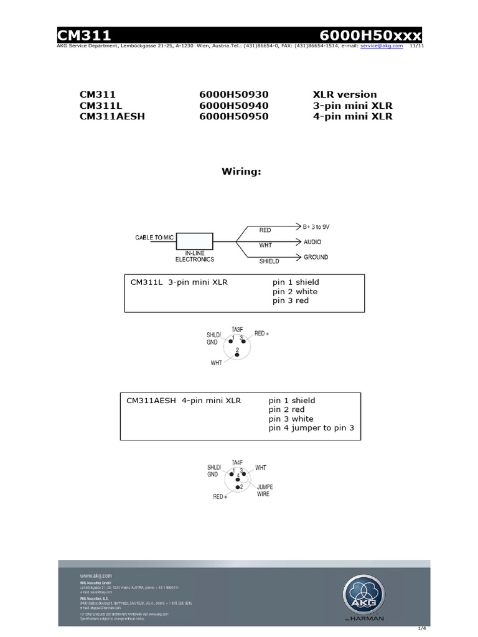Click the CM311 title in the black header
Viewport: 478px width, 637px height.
tap(84, 36)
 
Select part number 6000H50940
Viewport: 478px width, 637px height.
tap(233, 106)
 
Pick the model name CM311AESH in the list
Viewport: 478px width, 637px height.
tap(112, 116)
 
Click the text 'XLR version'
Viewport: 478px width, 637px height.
tap(345, 95)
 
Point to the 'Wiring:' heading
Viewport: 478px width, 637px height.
tap(241, 171)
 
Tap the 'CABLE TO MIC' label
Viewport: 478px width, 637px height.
tap(156, 238)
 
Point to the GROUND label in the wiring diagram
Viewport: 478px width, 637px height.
tap(316, 257)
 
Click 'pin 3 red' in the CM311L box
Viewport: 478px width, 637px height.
tap(290, 301)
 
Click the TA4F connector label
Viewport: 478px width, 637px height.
tap(237, 462)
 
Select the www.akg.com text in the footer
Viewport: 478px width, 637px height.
tap(95, 576)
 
